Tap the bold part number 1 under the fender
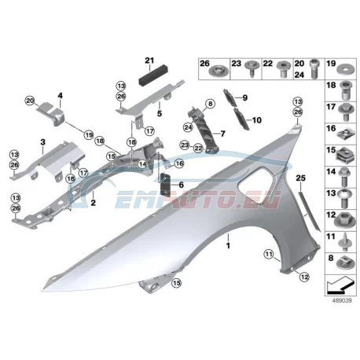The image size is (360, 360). (x=228, y=246)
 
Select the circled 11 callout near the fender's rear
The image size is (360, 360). (x=269, y=254)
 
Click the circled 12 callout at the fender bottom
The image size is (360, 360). (x=304, y=277)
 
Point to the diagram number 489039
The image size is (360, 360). (x=342, y=300)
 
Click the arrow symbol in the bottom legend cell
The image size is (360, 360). (x=340, y=287)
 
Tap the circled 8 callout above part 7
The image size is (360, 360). (x=210, y=104)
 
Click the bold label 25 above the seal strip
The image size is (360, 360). (x=300, y=178)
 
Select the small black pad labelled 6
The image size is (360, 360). (x=165, y=185)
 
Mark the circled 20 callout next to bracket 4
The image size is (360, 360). (x=30, y=101)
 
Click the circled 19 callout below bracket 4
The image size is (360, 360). (x=89, y=135)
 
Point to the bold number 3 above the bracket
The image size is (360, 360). (x=42, y=142)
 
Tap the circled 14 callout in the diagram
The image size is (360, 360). (x=142, y=164)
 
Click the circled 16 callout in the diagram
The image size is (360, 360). (x=179, y=164)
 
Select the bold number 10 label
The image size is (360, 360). (x=257, y=120)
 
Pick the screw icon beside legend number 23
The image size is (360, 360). (x=252, y=68)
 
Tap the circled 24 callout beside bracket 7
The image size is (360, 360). (x=188, y=127)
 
